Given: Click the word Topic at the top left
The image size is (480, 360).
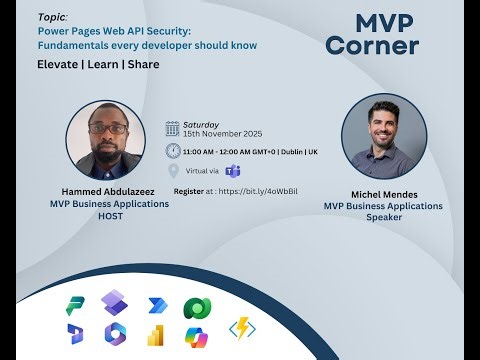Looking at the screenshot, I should pos(53,17).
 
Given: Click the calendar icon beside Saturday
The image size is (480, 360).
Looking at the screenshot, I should pos(172,128).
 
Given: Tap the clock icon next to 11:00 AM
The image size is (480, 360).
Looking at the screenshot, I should pos(172,150).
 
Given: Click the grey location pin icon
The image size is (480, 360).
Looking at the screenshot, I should pos(173,170).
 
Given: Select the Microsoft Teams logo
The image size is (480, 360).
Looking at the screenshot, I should pos(233,170).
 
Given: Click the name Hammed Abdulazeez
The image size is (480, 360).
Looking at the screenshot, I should pos(108,193).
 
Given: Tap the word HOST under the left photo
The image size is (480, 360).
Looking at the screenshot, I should pos(108,215).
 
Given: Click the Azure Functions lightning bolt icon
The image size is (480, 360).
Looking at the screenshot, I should pos(243,329).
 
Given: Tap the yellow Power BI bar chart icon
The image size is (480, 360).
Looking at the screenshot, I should pos(155,336).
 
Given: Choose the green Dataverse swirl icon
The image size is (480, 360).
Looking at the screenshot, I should pos(195,308).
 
